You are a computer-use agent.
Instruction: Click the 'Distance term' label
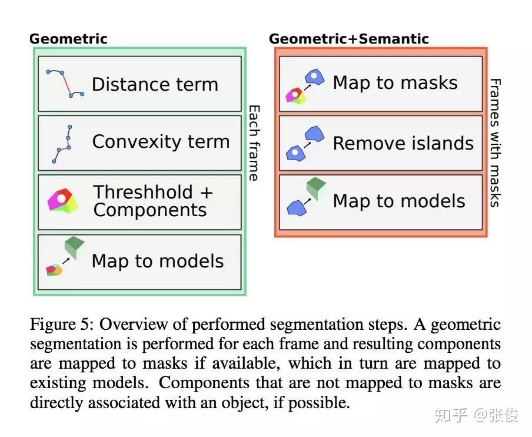[155, 84]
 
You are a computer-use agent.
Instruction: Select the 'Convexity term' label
[161, 142]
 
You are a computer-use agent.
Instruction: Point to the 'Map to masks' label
[395, 82]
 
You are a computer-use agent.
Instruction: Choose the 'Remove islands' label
[403, 143]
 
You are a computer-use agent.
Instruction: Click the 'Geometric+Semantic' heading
[348, 39]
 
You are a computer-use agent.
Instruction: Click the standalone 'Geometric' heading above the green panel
[68, 39]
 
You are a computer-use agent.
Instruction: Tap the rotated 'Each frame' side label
[254, 143]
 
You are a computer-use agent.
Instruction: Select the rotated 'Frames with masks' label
[496, 143]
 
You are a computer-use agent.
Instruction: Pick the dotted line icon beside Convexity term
[62, 143]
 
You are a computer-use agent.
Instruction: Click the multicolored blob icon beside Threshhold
[62, 201]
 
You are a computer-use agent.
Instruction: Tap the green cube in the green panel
[75, 247]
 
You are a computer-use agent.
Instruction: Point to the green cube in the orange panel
[316, 188]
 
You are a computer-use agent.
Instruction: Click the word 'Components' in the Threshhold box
[150, 210]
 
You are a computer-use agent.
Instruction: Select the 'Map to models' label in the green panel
[158, 261]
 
